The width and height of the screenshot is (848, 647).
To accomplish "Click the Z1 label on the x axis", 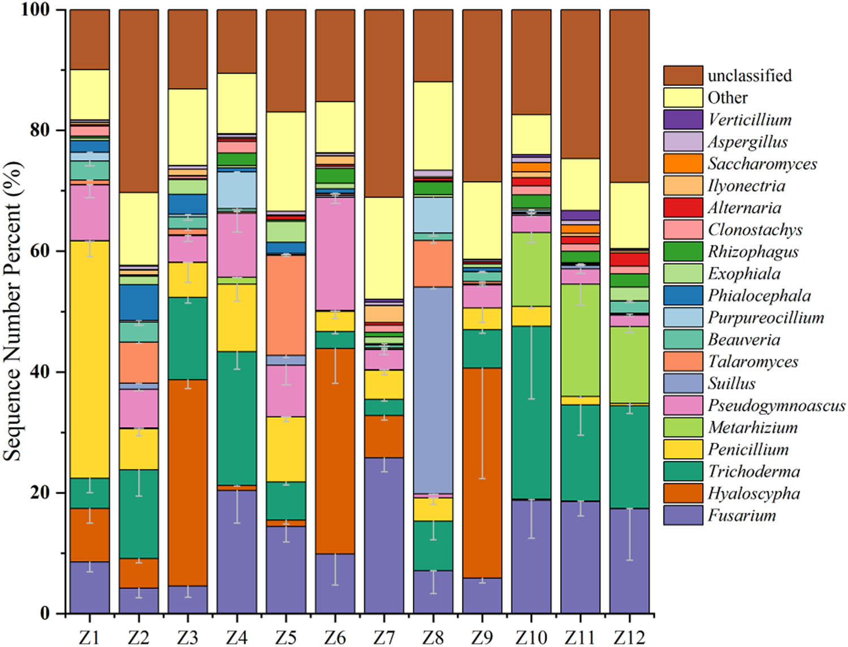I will pos(89,637).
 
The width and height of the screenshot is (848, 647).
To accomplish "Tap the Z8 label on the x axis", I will pos(432,637).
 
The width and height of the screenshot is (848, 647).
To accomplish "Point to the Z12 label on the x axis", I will pos(629,637).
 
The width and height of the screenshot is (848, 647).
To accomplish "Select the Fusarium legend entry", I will pos(742,516).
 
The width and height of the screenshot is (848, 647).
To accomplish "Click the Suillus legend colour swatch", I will pos(683,383).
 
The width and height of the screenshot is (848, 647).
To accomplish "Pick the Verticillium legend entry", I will pos(749,119).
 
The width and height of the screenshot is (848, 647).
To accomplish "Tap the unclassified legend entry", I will pos(749,75).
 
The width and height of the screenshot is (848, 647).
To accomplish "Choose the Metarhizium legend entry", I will pos(752,427).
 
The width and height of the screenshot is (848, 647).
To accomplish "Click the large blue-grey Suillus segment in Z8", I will pos(432,390).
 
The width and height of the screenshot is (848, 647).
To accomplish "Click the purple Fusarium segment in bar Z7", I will pos(384,535).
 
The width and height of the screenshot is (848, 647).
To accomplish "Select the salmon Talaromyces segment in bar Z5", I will pos(285,305).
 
